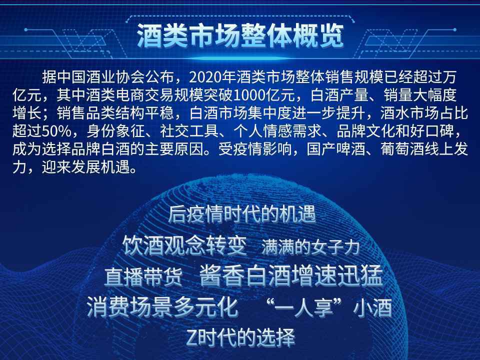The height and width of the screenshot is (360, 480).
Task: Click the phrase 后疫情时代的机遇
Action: click(x=242, y=215)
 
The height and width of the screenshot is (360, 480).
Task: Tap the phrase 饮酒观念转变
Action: click(x=184, y=245)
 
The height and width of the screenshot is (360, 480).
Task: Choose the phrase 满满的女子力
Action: click(x=310, y=246)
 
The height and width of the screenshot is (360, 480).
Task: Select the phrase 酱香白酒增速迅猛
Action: click(x=290, y=275)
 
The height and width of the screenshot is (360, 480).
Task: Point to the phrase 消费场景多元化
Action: click(x=162, y=306)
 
